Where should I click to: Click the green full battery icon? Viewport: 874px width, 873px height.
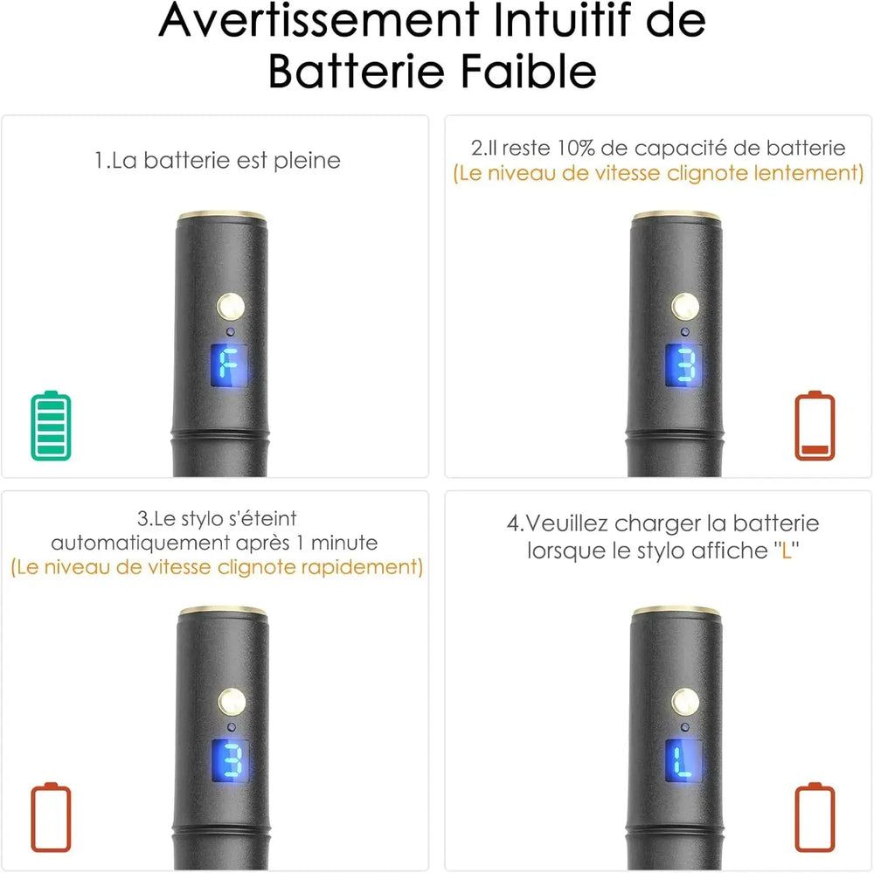[52, 426]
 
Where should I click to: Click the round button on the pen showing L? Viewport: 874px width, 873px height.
[685, 701]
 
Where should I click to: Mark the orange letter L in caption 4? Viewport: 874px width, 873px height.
[787, 552]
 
